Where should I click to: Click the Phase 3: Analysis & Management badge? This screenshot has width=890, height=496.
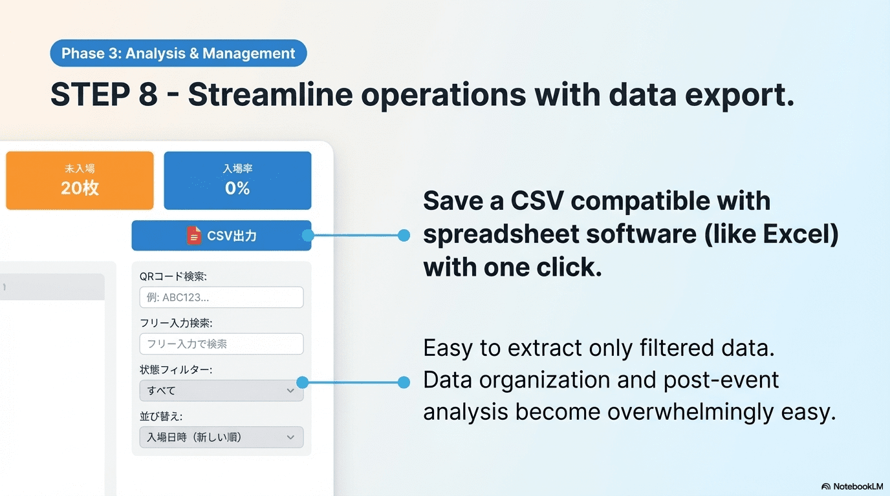pos(179,53)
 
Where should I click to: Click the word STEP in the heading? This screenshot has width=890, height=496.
pos(90,94)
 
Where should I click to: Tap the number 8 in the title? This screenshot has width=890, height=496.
pos(148,94)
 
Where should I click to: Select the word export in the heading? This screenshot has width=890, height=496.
pos(740,96)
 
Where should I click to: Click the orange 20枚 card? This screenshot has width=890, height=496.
pos(80,181)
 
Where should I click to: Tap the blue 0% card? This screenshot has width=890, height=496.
pos(237,181)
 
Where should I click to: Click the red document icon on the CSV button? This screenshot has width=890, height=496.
pos(194,236)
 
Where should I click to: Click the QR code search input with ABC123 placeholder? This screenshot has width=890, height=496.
pos(221,297)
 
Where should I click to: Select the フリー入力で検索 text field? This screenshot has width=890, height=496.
pos(221,344)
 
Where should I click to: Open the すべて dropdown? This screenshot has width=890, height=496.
pos(221,391)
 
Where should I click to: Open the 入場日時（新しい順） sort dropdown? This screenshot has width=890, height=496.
pos(221,437)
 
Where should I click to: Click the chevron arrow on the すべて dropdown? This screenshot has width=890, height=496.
pos(290,391)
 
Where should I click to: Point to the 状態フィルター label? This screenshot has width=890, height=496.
pos(176,370)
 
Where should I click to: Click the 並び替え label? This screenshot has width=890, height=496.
pos(161,417)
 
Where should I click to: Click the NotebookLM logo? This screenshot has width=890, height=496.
pos(852,486)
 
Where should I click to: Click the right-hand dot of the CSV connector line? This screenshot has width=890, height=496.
pos(404,235)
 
